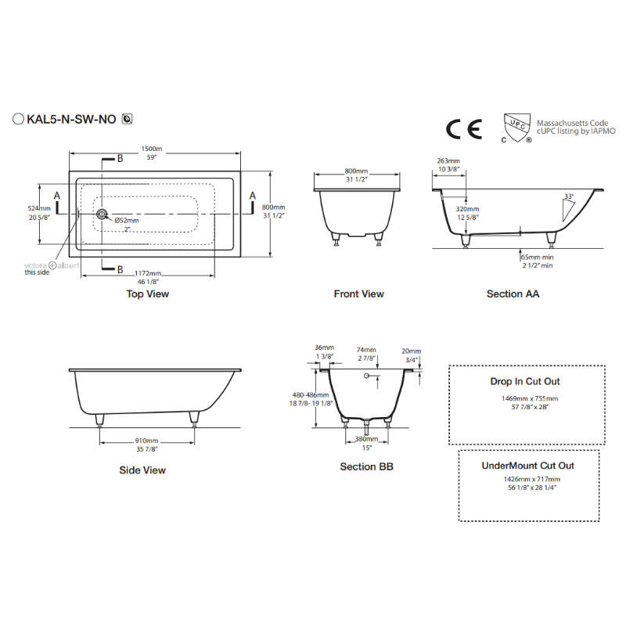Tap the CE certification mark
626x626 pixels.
[x=460, y=128]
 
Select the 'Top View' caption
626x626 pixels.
[x=147, y=294]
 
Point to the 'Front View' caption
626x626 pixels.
[x=358, y=294]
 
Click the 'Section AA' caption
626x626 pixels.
[x=513, y=294]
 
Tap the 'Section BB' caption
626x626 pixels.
[x=366, y=467]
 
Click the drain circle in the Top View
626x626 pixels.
[x=101, y=214]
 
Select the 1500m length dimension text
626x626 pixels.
[x=147, y=149]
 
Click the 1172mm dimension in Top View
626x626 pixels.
[x=147, y=272]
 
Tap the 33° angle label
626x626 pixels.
[x=568, y=196]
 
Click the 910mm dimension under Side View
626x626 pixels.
[x=146, y=441]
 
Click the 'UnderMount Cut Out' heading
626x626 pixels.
[x=527, y=466]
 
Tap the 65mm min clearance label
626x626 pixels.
[x=537, y=257]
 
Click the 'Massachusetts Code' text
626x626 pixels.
[x=571, y=124]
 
